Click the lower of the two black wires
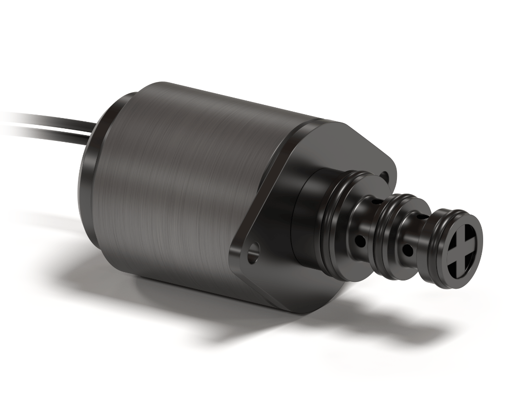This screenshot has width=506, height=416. coord(49,128)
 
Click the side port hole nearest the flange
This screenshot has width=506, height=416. coord(359,240)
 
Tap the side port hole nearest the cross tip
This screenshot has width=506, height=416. coord(408,251)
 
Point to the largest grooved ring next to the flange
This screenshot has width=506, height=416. coord(336,224)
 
